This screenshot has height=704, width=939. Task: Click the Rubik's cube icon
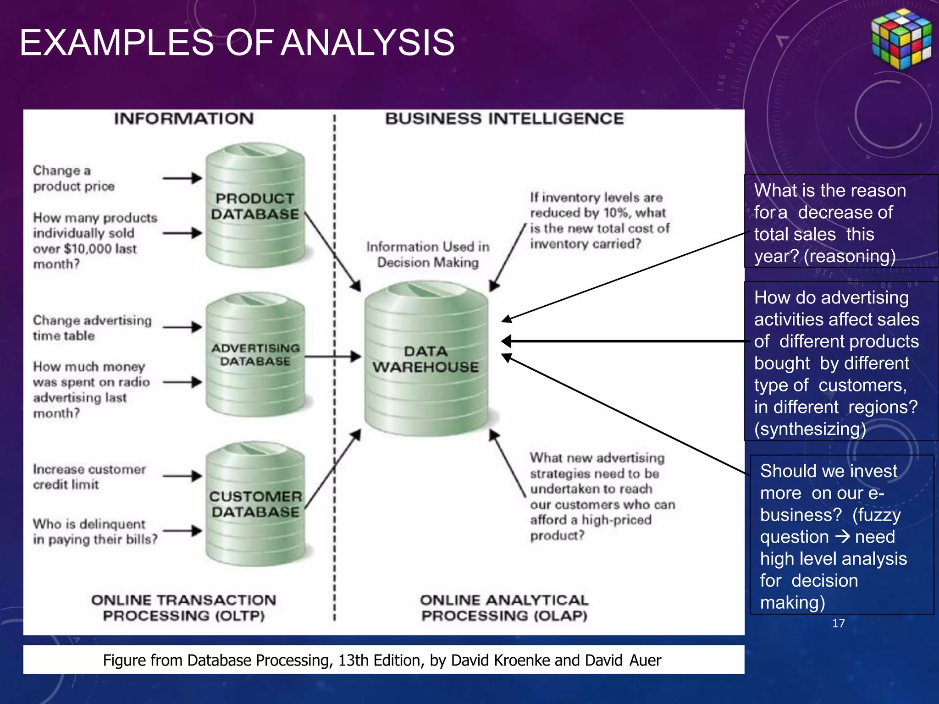click(901, 39)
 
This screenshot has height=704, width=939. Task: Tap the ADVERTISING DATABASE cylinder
click(255, 355)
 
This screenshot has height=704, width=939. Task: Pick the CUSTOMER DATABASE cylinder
click(255, 504)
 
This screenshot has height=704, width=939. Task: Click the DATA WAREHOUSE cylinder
click(426, 359)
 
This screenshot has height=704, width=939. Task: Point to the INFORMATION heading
click(184, 119)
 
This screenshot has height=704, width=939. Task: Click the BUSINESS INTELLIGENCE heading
click(504, 119)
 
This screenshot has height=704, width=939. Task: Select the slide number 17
click(838, 623)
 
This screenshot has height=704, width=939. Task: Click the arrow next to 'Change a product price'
click(182, 178)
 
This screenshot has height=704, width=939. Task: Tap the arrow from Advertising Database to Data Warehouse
click(333, 357)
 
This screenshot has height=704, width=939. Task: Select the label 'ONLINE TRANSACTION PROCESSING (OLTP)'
click(184, 608)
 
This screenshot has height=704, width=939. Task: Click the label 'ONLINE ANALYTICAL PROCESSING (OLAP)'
click(504, 608)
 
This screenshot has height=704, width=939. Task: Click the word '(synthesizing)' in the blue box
click(810, 429)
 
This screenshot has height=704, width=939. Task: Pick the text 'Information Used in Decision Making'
click(428, 255)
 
